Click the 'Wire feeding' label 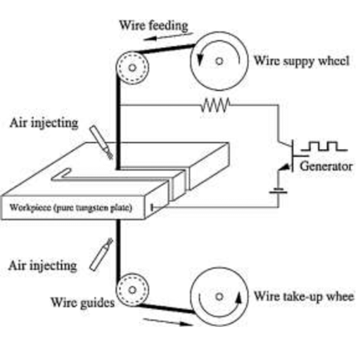[x=154, y=25]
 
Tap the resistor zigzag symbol [x=215, y=105]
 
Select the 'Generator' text [x=326, y=167]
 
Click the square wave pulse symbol [x=324, y=146]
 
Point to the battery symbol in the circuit [x=278, y=191]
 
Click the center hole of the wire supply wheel [x=219, y=61]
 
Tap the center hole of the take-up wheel [x=219, y=297]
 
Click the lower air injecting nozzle [x=101, y=255]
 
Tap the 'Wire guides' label [x=82, y=303]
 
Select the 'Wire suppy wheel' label [x=302, y=61]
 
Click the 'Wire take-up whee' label [x=304, y=296]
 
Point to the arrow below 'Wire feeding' [x=168, y=37]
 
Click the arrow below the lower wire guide [x=168, y=322]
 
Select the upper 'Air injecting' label [x=44, y=123]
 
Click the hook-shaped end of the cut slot [x=61, y=174]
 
